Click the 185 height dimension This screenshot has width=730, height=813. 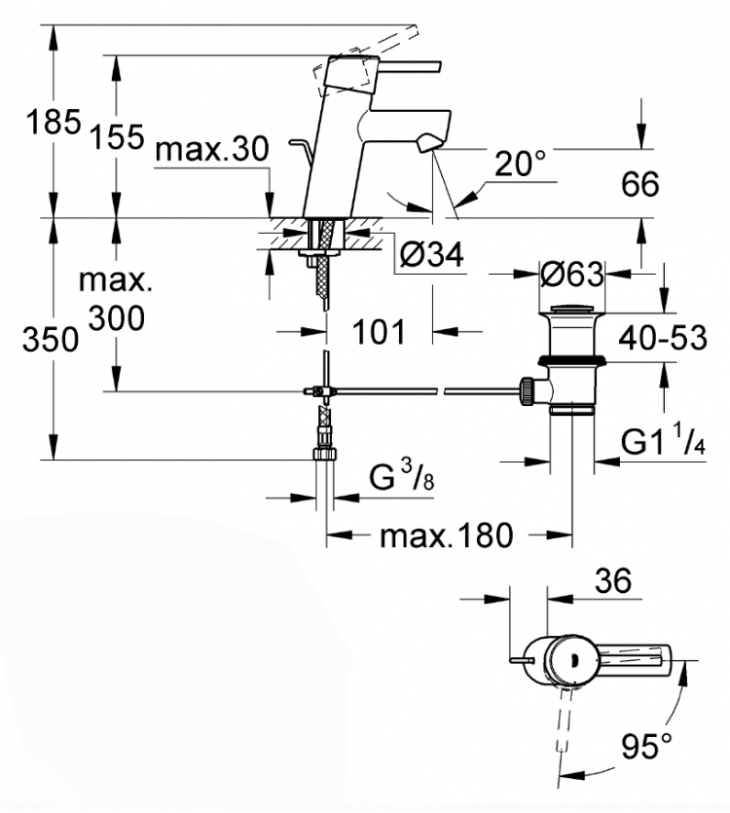pyautogui.click(x=54, y=123)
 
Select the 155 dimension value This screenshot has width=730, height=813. pyautogui.click(x=117, y=137)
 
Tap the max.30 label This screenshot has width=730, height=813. pyautogui.click(x=212, y=149)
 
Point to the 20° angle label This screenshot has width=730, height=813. pyautogui.click(x=520, y=164)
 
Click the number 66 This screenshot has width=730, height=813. pyautogui.click(x=640, y=184)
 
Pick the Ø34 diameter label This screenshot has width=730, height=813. pyautogui.click(x=432, y=254)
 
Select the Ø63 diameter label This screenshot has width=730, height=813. pyautogui.click(x=572, y=274)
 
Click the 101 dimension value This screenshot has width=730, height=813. pyautogui.click(x=379, y=332)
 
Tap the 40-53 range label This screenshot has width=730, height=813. pyautogui.click(x=663, y=338)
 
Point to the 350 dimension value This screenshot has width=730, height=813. pyautogui.click(x=51, y=340)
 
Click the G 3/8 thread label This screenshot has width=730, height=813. pyautogui.click(x=401, y=477)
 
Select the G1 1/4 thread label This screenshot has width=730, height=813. pyautogui.click(x=663, y=441)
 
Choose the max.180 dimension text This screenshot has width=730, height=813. pyautogui.click(x=446, y=536)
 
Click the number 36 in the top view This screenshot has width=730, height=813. pyautogui.click(x=613, y=580)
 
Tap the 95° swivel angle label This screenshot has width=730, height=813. pyautogui.click(x=646, y=746)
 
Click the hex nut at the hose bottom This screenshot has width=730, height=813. pyautogui.click(x=325, y=454)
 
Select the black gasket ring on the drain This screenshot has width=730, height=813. pyautogui.click(x=572, y=361)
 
